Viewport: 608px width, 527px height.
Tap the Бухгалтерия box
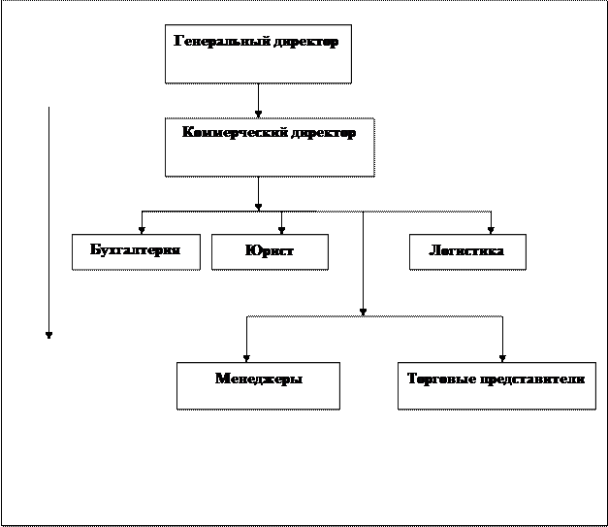tap(136, 251)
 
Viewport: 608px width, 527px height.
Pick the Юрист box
tap(270, 251)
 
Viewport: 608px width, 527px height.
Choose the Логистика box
tap(466, 251)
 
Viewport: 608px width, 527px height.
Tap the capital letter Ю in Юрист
tap(251, 251)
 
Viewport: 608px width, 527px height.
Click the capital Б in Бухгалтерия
tap(95, 250)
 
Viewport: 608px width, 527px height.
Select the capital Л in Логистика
tap(434, 251)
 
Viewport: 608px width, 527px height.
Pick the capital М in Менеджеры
tap(221, 379)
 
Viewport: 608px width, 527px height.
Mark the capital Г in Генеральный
tap(178, 42)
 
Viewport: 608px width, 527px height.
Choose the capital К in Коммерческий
tap(187, 133)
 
